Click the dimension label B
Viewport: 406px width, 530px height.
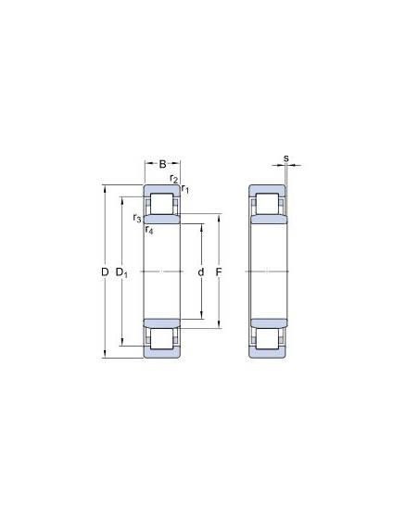[162, 164]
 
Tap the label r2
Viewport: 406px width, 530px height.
[173, 178]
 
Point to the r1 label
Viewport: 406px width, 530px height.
[184, 189]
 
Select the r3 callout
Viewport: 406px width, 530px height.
[137, 218]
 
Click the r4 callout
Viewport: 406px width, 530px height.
[149, 230]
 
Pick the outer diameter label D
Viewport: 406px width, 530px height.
[105, 271]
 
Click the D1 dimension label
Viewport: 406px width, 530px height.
[121, 272]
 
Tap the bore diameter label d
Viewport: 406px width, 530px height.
[201, 271]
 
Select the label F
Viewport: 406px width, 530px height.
[219, 271]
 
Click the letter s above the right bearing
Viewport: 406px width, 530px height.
[286, 158]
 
